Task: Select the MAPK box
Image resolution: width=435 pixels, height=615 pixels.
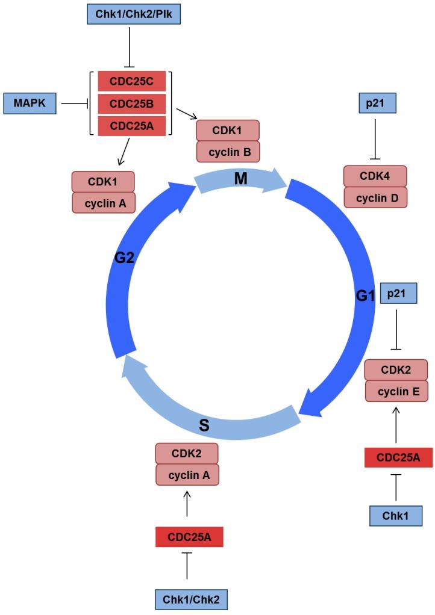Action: tap(30, 104)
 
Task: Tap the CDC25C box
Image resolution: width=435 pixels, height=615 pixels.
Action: tap(131, 81)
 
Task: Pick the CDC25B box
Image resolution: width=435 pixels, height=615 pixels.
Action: tap(131, 104)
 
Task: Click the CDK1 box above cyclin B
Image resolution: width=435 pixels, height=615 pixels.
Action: tap(228, 130)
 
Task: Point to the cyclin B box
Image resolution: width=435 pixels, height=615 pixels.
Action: tap(228, 152)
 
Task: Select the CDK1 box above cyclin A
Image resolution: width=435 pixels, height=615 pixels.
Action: tap(103, 182)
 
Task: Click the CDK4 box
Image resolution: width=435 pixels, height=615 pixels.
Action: tap(375, 176)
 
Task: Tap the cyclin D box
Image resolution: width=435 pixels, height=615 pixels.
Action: tap(375, 197)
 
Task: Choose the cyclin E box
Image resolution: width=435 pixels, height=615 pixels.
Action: tap(396, 391)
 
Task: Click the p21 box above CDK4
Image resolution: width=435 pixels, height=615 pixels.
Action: tap(375, 104)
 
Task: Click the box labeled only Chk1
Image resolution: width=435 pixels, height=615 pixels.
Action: tap(396, 516)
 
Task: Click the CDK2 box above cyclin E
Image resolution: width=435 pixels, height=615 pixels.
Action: tap(396, 369)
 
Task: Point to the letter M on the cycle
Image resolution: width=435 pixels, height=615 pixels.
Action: tap(241, 178)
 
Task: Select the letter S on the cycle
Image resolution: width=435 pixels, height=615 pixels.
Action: tap(204, 426)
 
